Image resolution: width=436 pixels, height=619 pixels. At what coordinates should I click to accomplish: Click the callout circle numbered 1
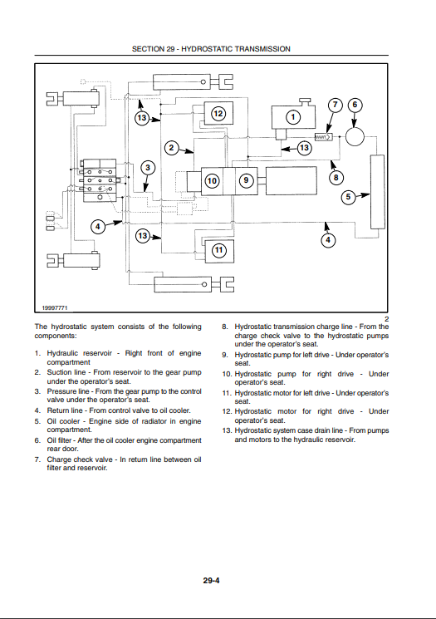click(293, 117)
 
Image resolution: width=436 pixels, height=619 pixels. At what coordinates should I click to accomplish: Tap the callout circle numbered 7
click(335, 105)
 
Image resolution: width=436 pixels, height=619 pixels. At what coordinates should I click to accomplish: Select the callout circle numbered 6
click(355, 105)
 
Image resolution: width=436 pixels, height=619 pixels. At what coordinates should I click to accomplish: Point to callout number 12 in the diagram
click(218, 114)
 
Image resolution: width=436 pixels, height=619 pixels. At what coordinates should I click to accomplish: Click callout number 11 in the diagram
click(218, 250)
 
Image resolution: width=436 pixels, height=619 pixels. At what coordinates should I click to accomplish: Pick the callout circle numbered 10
click(213, 181)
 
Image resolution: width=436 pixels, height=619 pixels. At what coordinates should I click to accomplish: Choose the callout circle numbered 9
click(246, 180)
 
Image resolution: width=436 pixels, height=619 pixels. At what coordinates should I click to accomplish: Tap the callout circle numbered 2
click(171, 148)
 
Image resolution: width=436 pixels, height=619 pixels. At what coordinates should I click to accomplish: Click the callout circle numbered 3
click(148, 167)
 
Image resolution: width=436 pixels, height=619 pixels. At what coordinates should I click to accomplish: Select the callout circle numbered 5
click(348, 197)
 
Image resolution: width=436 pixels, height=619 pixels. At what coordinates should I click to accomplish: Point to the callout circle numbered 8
click(336, 178)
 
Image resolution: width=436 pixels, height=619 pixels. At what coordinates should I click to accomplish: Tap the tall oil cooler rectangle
click(378, 192)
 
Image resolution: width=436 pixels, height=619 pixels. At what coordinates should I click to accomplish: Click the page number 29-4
click(212, 580)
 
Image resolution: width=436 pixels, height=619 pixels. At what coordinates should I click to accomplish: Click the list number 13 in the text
click(227, 430)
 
